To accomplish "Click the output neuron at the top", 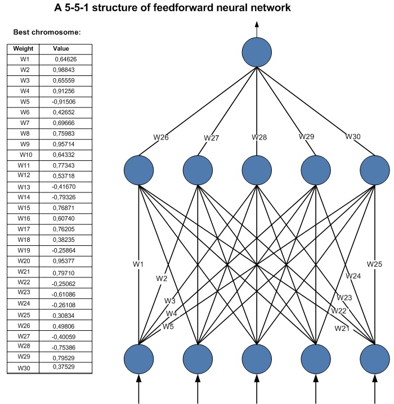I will point(257,52).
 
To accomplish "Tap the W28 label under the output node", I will point(259,137).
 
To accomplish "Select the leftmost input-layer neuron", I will point(139,358).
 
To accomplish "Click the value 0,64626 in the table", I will point(66,59).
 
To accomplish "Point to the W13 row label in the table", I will point(24,187).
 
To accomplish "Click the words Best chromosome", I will point(47,32).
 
